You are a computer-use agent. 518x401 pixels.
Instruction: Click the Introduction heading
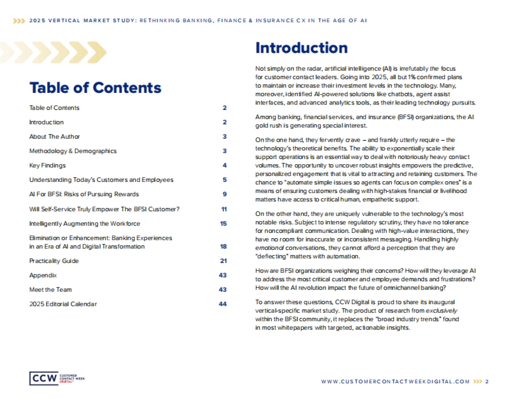tap(301, 48)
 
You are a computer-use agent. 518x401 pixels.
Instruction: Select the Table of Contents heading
tap(95, 88)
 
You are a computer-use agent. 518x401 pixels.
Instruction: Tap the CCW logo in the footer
tap(44, 379)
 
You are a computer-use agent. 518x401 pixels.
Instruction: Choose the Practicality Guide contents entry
tap(54, 261)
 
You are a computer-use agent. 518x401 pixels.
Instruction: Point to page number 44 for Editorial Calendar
tap(223, 304)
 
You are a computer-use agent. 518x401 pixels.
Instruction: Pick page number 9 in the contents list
tap(224, 194)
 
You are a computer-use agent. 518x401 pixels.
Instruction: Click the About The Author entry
tap(54, 137)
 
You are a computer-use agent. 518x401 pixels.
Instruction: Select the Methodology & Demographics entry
tap(73, 151)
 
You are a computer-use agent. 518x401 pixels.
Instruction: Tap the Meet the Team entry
tap(51, 290)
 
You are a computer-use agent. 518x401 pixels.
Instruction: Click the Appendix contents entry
tap(43, 275)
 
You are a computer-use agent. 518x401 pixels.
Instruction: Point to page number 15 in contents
tap(223, 223)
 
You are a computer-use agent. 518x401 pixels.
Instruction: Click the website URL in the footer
tap(395, 382)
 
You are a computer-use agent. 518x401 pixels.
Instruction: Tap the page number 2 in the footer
tap(487, 382)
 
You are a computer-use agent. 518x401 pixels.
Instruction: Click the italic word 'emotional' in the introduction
tap(269, 248)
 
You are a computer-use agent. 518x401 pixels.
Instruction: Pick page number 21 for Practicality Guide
tap(223, 261)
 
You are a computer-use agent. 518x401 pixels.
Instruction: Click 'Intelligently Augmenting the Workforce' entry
tap(85, 223)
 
